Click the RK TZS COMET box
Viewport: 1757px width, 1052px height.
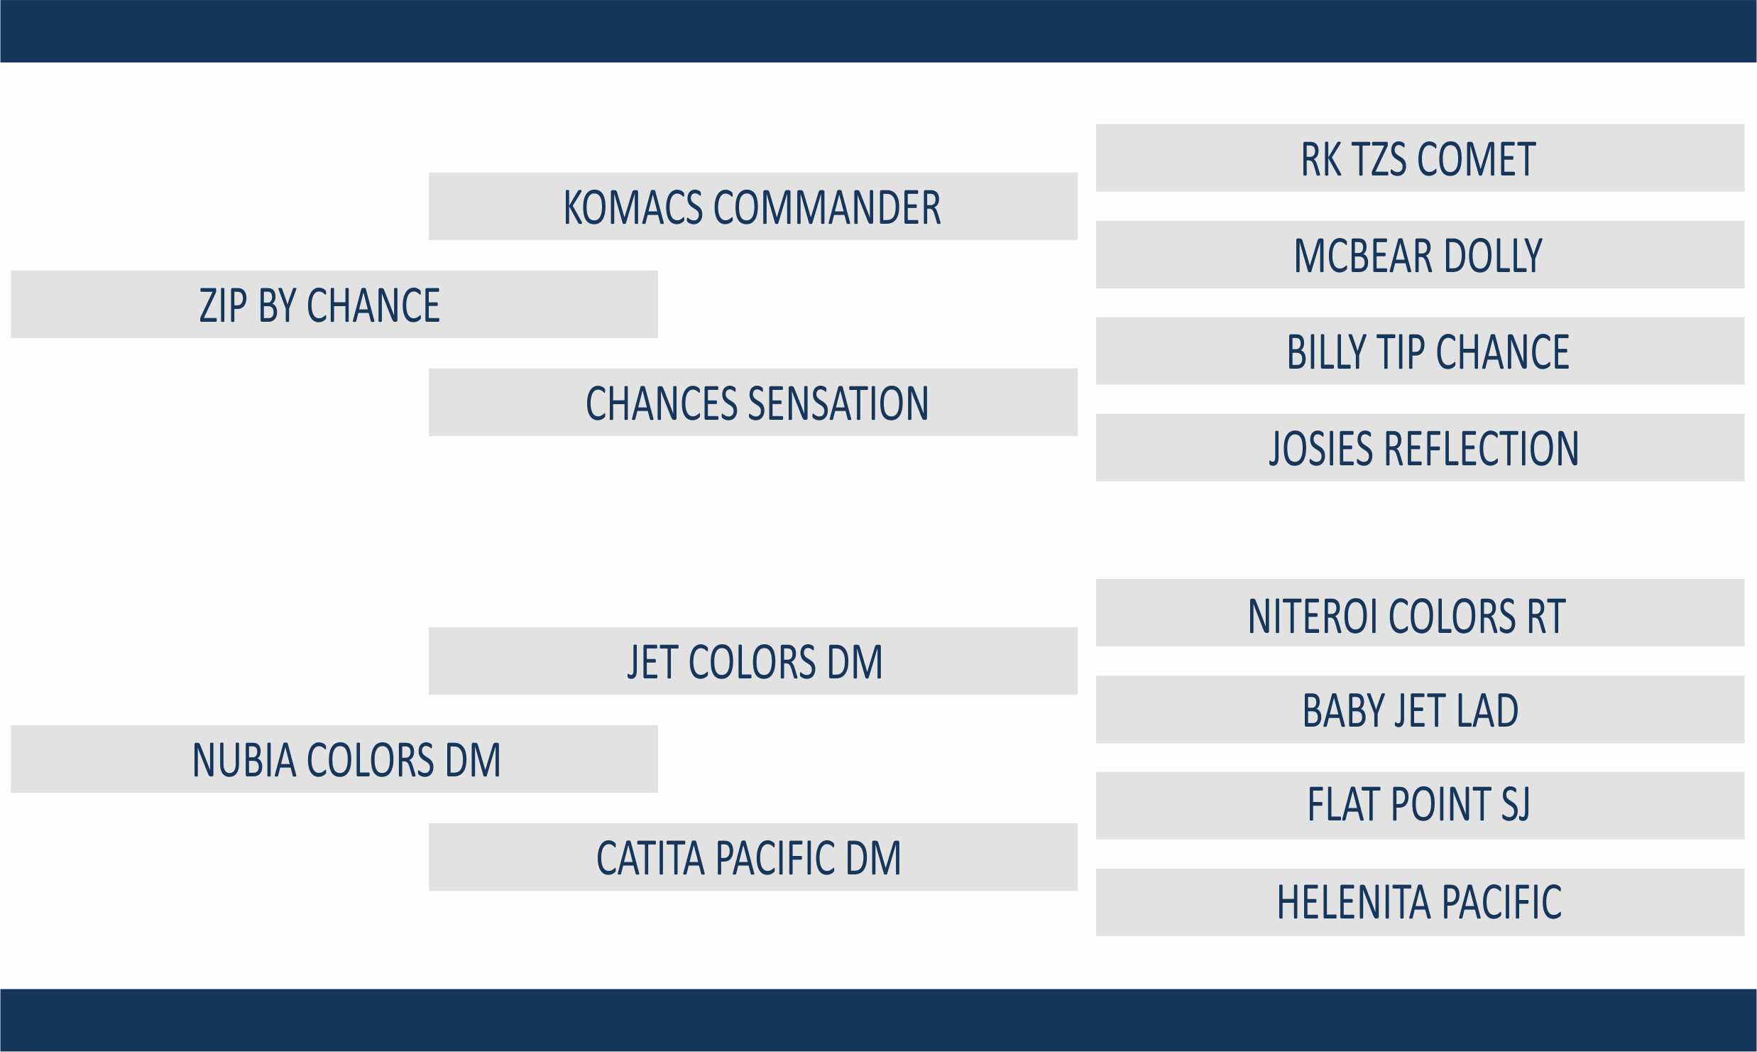tap(1420, 158)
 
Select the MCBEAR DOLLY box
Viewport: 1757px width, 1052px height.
tap(1420, 254)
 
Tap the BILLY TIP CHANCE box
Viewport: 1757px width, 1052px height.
tap(1420, 351)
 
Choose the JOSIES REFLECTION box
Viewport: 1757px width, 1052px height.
tap(1420, 448)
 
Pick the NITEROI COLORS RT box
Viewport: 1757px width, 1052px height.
tap(1420, 613)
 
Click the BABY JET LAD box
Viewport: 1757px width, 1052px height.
tap(1420, 710)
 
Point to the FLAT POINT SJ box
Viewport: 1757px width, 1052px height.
tap(1420, 806)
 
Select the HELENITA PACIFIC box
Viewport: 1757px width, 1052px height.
tap(1420, 902)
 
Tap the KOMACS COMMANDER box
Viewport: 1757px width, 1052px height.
tap(753, 206)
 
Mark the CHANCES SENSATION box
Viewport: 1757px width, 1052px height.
tap(753, 402)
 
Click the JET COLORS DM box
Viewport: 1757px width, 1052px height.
tap(753, 661)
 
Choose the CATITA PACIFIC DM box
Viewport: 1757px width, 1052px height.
tap(753, 857)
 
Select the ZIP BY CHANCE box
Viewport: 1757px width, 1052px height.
tap(334, 304)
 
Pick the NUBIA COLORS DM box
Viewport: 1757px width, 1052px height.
tap(334, 759)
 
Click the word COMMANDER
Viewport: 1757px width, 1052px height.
tap(827, 207)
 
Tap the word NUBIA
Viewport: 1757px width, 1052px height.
tap(244, 760)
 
